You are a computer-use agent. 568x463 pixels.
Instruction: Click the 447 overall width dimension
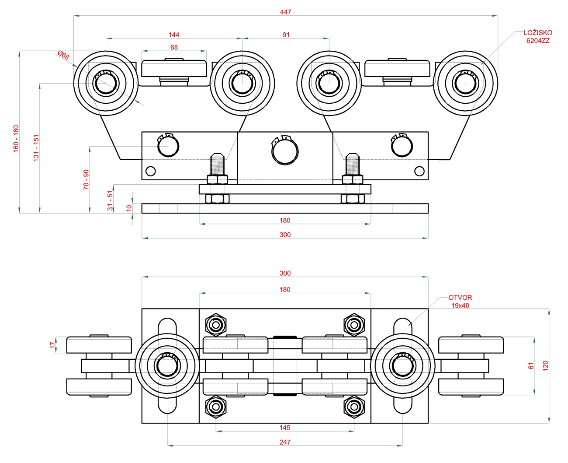(285, 12)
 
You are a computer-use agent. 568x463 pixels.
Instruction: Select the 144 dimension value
(174, 35)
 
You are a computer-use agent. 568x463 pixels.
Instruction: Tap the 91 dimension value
(286, 35)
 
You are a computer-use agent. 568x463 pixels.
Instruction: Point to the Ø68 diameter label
(63, 56)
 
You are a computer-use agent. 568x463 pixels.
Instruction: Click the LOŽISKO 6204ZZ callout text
(538, 36)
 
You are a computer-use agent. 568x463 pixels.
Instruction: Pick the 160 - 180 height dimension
(16, 138)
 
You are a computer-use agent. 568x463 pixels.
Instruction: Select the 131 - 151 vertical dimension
(36, 148)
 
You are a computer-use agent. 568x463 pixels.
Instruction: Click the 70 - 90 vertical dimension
(86, 179)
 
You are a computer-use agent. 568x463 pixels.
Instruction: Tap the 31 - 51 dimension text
(110, 200)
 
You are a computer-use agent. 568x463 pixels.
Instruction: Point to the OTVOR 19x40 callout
(460, 301)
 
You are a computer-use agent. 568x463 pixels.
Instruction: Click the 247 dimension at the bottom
(285, 442)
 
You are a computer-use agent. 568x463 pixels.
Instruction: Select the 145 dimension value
(285, 428)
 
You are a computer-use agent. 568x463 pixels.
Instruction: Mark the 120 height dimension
(545, 366)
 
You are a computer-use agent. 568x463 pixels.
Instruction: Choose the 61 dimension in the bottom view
(531, 366)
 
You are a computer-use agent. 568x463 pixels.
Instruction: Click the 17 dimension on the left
(52, 345)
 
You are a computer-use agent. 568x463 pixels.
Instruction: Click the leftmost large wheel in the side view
(105, 83)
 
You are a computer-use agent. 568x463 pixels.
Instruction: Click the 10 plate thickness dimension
(129, 208)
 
